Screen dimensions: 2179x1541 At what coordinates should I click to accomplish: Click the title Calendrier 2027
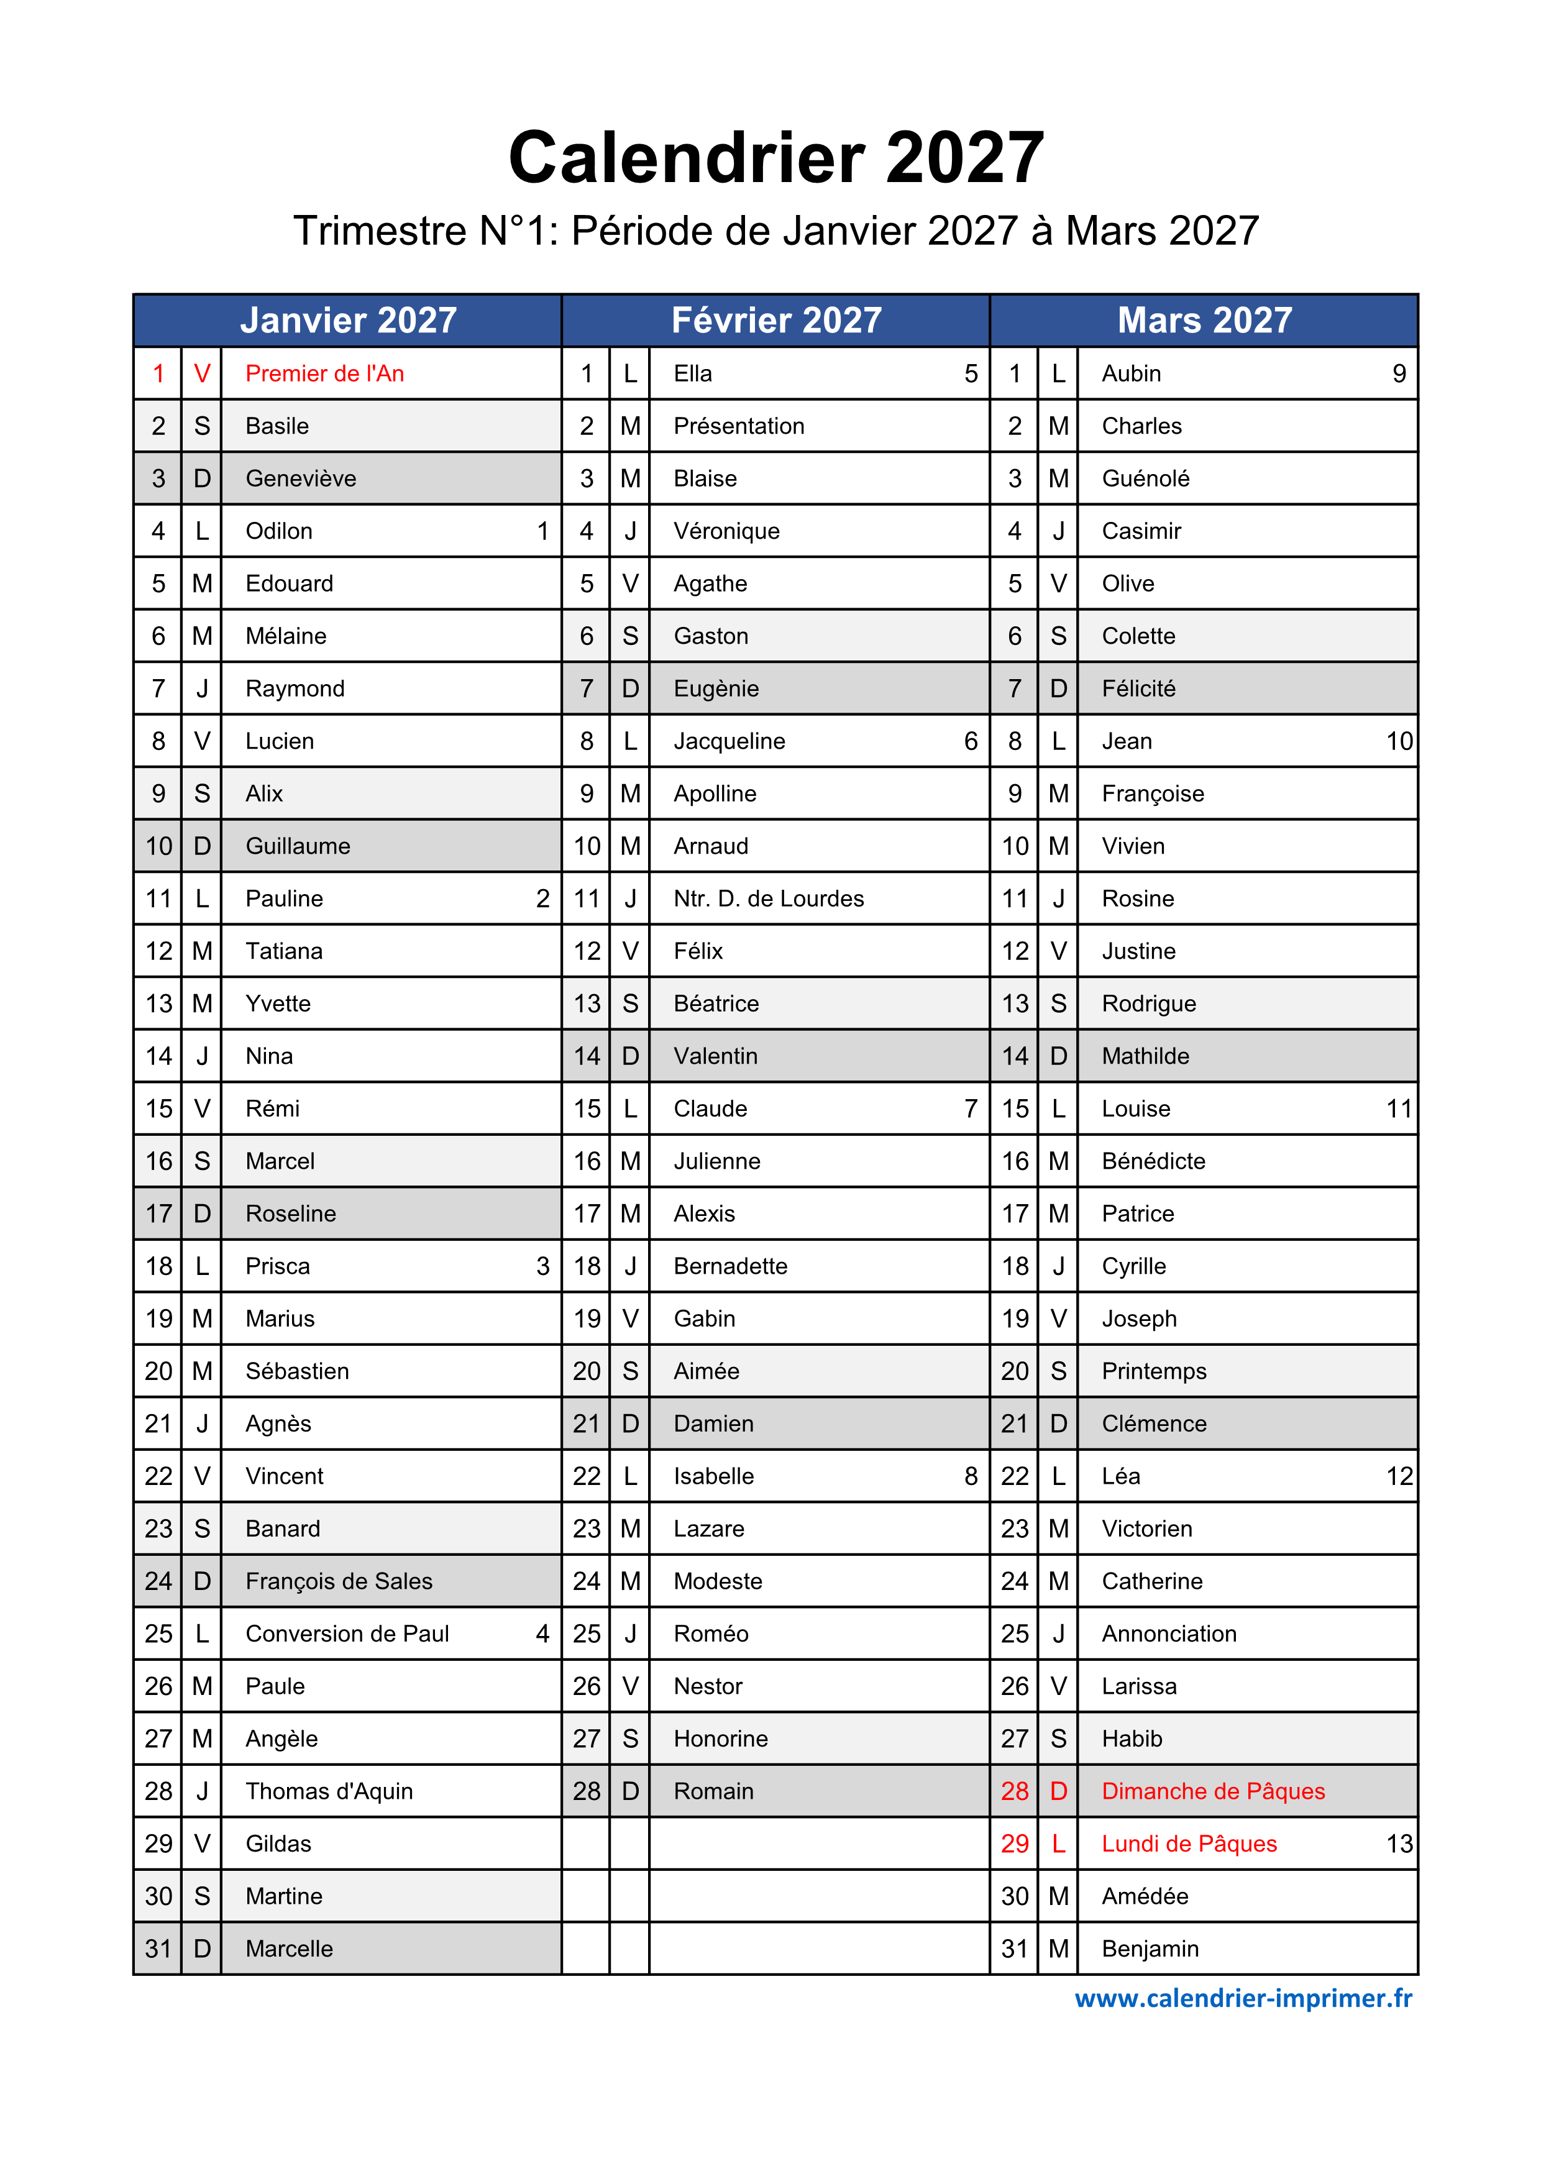[775, 158]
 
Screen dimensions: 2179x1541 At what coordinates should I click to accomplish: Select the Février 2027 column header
[775, 321]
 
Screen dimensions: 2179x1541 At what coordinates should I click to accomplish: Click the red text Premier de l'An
[324, 374]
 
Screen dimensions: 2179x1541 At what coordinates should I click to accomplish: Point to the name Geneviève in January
[301, 479]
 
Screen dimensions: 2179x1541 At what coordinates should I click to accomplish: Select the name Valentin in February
[715, 1056]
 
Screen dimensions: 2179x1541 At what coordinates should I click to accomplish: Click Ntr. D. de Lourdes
[769, 898]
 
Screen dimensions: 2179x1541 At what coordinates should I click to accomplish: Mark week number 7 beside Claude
[971, 1108]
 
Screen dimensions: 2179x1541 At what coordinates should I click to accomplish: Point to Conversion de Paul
[347, 1634]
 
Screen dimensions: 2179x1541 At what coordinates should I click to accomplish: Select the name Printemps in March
[1154, 1371]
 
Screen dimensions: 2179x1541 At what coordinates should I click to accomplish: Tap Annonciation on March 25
[1169, 1634]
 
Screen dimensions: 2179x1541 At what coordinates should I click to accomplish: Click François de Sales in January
[339, 1581]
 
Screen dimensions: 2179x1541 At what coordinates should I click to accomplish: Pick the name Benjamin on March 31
[1150, 1949]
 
